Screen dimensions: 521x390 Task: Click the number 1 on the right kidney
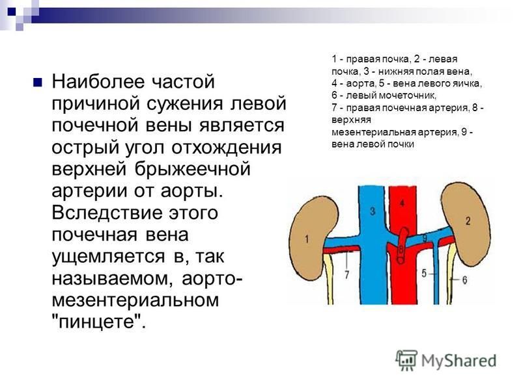pos(307,239)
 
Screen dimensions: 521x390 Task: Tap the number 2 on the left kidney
pos(468,221)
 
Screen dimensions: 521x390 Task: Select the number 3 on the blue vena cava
pos(373,211)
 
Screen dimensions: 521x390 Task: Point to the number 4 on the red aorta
pos(402,203)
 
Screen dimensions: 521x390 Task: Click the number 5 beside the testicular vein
pos(424,273)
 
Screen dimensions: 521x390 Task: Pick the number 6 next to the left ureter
pos(464,280)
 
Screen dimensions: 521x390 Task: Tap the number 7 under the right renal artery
pos(347,274)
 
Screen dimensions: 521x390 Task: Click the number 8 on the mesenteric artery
pos(401,248)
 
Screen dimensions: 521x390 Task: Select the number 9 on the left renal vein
pos(425,238)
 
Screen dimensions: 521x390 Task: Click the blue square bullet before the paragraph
pos(38,82)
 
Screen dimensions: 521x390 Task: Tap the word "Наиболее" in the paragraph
pos(99,82)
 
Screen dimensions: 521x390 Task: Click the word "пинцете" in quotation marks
pos(99,321)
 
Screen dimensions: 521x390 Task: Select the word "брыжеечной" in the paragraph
pos(192,169)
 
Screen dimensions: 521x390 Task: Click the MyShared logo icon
pos(406,360)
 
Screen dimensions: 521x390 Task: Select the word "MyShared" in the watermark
pos(459,361)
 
